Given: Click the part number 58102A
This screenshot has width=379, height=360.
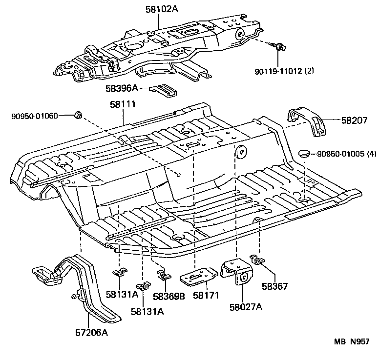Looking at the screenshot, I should point(162,8).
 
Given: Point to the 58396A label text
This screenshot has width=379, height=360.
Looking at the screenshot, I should point(122,88).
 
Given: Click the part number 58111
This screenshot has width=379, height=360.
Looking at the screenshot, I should point(122,104).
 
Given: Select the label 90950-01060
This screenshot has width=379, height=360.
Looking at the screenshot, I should point(35,116).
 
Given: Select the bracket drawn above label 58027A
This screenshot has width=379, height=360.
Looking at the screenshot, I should point(238,273).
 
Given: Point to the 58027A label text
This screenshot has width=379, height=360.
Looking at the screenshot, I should point(246,307).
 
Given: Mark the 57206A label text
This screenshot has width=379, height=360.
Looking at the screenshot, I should point(90,333).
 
